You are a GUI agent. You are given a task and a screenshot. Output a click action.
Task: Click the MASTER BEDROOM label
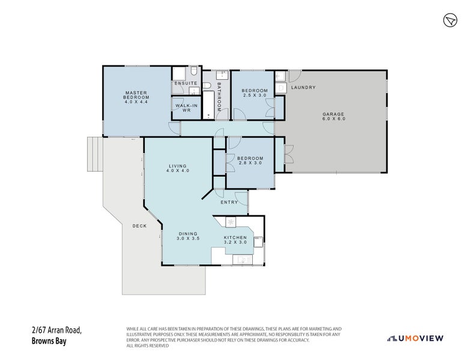point(136,97)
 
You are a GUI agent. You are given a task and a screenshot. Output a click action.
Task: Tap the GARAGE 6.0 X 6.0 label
point(334,116)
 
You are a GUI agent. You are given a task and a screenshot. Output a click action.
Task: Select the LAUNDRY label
point(303,88)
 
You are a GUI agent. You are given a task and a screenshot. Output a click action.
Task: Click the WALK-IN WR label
point(183,107)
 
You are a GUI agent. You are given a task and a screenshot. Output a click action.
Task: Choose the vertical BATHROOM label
point(219,97)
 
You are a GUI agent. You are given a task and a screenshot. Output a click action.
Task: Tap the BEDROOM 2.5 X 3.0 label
point(255,93)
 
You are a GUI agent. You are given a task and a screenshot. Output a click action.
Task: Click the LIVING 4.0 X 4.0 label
point(178,169)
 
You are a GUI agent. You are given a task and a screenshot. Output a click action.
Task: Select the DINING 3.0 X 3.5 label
point(188,236)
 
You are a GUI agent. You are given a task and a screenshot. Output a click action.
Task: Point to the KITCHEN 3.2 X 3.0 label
point(236,239)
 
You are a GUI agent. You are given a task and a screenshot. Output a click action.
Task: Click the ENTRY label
point(229,202)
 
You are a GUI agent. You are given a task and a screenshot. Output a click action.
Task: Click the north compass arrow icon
point(450,21)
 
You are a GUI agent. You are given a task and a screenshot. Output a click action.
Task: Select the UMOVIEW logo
point(416,338)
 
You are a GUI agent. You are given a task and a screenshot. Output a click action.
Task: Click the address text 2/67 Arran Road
point(56,329)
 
